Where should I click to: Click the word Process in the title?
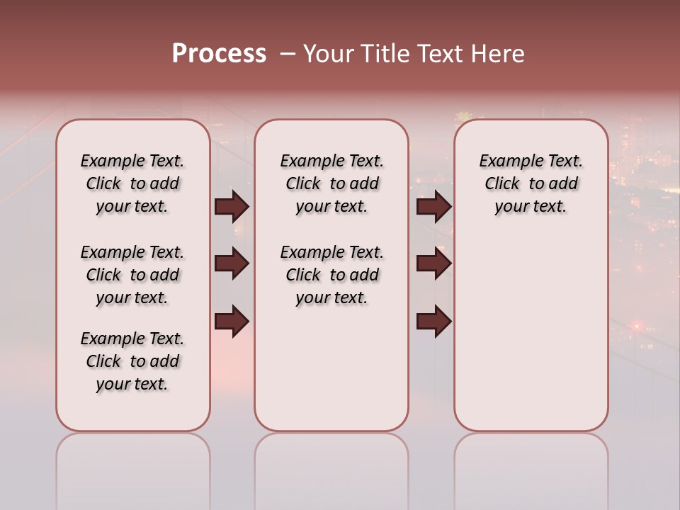click(219, 54)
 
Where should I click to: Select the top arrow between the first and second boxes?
click(232, 207)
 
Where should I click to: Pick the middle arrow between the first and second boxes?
click(232, 263)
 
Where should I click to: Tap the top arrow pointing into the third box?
click(433, 207)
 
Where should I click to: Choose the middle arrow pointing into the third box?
click(433, 263)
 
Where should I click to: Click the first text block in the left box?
click(132, 184)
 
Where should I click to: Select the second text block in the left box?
click(132, 275)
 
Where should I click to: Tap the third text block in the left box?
click(132, 361)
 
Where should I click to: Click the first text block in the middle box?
click(331, 184)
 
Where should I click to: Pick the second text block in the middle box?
click(331, 275)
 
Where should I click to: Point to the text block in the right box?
click(531, 184)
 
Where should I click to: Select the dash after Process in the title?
click(288, 54)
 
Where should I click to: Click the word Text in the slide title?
click(439, 54)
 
